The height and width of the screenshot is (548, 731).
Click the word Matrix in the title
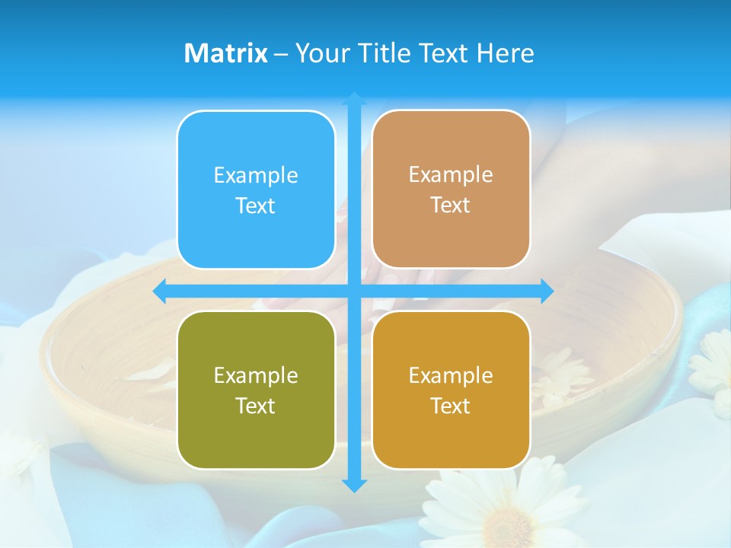[x=226, y=53]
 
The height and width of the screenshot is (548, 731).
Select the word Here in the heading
[x=506, y=53]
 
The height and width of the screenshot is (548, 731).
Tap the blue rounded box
[x=256, y=190]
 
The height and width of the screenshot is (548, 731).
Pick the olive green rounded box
[x=256, y=390]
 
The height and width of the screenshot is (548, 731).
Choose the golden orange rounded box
[x=451, y=390]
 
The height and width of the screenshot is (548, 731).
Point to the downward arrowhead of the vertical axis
[x=354, y=486]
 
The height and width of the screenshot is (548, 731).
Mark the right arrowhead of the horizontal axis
[x=548, y=291]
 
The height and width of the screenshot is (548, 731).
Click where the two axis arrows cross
[x=354, y=291]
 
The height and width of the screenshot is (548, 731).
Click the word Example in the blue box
[x=256, y=176]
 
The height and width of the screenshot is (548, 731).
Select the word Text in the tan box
[x=451, y=205]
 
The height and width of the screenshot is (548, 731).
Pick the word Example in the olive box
[x=256, y=376]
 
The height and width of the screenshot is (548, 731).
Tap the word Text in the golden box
[x=451, y=406]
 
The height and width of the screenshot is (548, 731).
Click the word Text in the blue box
[x=256, y=205]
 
